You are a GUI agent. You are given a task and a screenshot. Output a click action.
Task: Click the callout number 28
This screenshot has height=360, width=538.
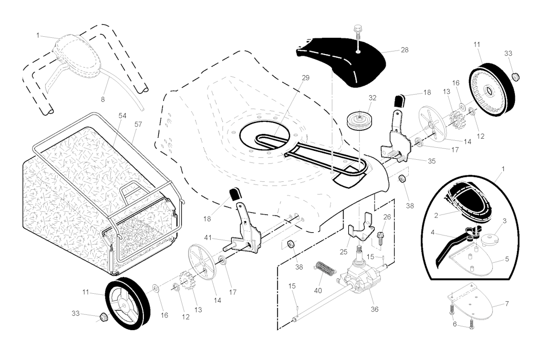click(x=405, y=50)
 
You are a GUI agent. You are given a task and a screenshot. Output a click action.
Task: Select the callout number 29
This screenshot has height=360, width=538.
click(x=306, y=78)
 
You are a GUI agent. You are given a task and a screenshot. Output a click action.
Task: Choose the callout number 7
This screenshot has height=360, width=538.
click(x=507, y=304)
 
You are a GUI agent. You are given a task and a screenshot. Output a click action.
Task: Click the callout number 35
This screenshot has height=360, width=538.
click(x=431, y=161)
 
